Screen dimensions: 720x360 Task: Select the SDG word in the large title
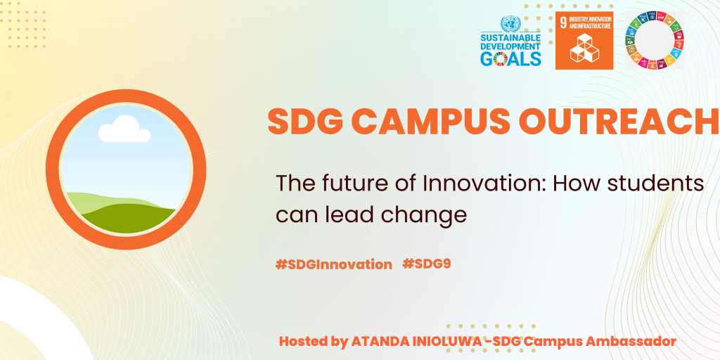pos(304,122)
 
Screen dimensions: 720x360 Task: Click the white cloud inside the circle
pos(124,129)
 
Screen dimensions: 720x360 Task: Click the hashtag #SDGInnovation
pos(334,264)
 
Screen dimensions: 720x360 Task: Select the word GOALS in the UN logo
pos(510,59)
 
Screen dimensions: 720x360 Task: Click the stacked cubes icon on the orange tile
pos(584,48)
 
